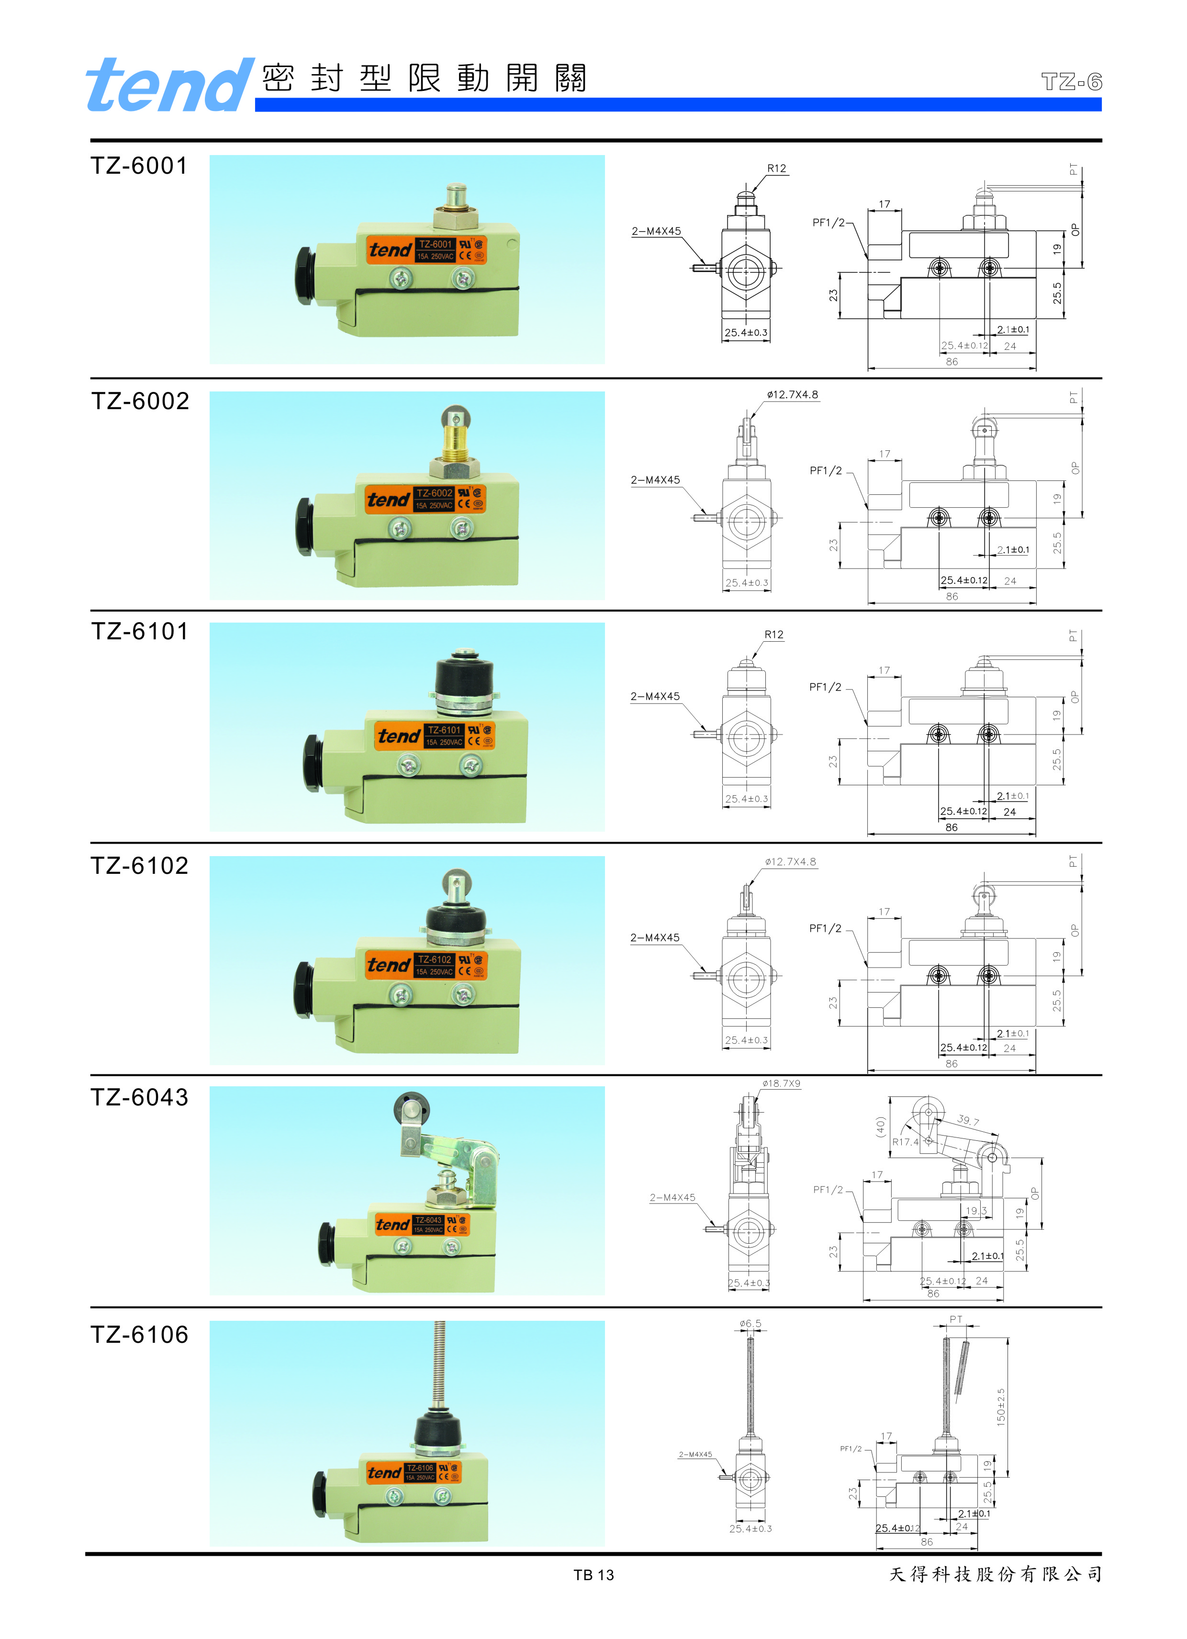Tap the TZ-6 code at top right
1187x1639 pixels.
pyautogui.click(x=1071, y=82)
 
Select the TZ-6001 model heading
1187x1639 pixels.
pyautogui.click(x=139, y=166)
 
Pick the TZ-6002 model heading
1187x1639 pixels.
pyautogui.click(x=139, y=401)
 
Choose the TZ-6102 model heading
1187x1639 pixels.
pyautogui.click(x=139, y=865)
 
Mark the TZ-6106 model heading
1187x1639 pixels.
pyautogui.click(x=139, y=1334)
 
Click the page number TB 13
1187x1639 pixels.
pyautogui.click(x=593, y=1575)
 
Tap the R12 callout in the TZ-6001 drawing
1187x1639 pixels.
pyautogui.click(x=776, y=168)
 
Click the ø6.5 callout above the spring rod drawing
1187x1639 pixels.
pyautogui.click(x=750, y=1323)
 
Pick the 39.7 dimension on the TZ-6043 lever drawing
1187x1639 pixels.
pyautogui.click(x=968, y=1120)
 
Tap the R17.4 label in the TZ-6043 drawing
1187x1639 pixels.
pyautogui.click(x=905, y=1142)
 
